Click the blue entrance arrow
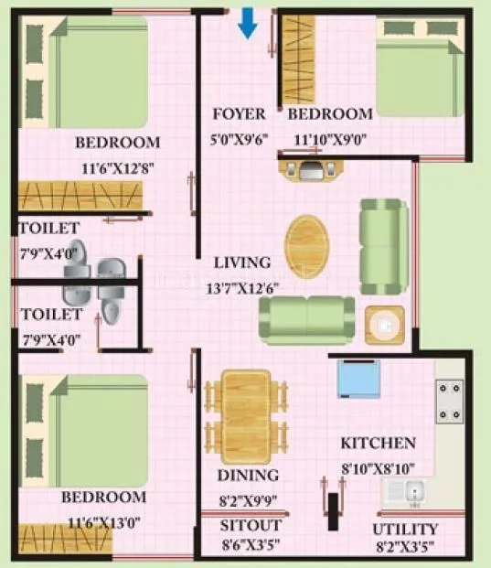(x=247, y=23)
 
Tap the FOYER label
(x=239, y=114)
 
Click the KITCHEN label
(x=378, y=444)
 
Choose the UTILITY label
(x=405, y=529)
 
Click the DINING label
(x=248, y=476)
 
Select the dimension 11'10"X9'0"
(x=329, y=140)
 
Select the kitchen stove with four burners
(x=450, y=401)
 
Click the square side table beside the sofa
(x=384, y=324)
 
